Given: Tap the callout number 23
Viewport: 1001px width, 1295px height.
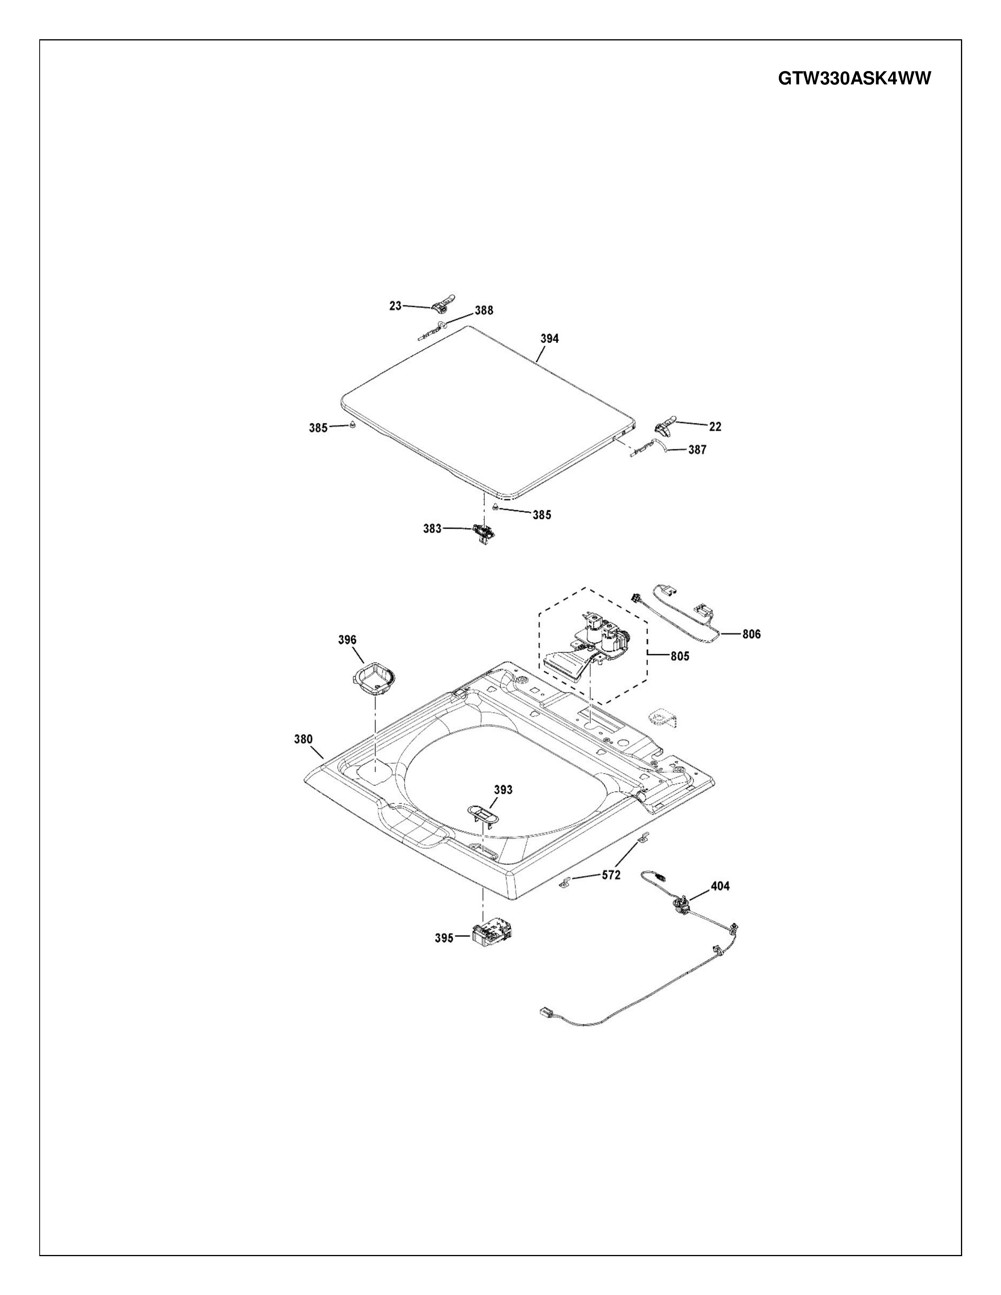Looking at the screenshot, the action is point(395,306).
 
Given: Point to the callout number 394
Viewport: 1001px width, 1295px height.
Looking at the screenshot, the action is point(549,339).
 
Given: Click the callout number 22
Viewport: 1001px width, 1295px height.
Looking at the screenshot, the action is point(715,426).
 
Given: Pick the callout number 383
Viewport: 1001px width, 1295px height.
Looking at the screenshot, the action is point(432,528).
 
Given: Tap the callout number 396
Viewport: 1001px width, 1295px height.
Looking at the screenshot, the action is point(347,639).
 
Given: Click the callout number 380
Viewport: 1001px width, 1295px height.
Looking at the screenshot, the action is point(303,739).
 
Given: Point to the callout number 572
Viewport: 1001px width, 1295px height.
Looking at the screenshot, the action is point(611,875).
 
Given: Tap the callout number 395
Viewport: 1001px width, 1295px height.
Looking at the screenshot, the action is point(444,938).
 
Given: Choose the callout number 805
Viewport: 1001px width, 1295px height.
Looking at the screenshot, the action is point(680,657).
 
